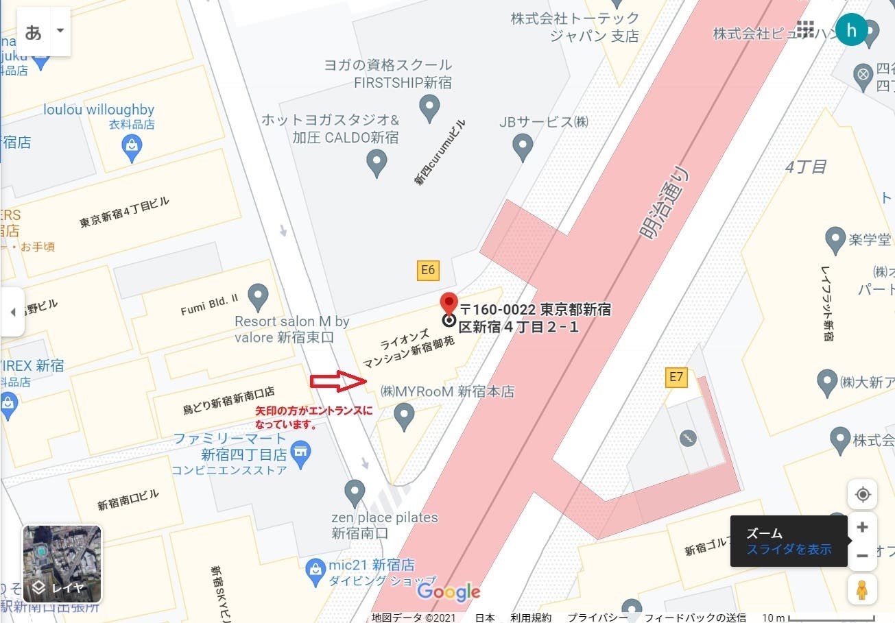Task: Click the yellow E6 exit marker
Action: click(428, 270)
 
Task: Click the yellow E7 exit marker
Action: click(676, 376)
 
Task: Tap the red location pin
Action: click(449, 303)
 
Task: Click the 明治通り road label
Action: click(664, 204)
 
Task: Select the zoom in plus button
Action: click(862, 527)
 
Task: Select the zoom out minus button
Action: click(862, 556)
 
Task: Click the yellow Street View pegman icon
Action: click(862, 589)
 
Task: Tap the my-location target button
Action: click(862, 494)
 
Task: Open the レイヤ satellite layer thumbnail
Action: click(62, 563)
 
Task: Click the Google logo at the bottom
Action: click(449, 591)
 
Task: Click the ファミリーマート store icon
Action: click(300, 452)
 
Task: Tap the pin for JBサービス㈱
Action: click(523, 146)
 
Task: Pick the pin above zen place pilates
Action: click(354, 491)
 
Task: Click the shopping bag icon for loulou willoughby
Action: click(132, 146)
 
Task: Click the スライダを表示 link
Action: click(789, 549)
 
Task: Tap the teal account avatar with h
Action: click(852, 30)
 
